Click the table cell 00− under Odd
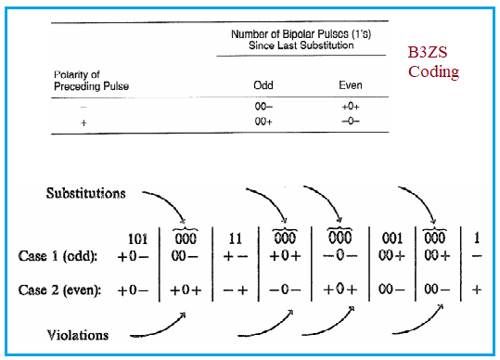tap(263, 106)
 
